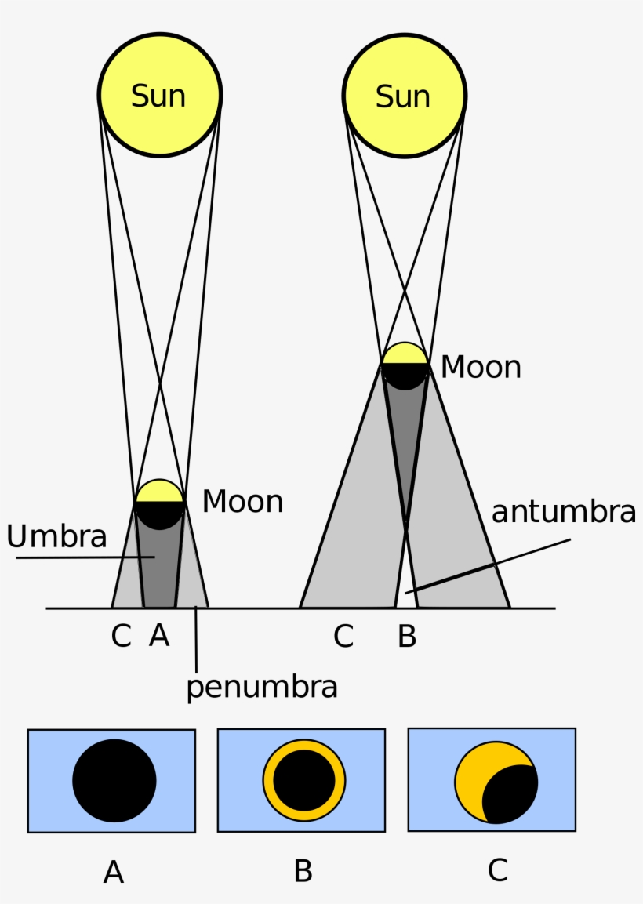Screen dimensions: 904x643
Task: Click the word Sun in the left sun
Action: (x=158, y=96)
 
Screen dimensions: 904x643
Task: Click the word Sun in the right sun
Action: (x=403, y=96)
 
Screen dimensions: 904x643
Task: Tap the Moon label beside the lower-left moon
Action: (x=242, y=502)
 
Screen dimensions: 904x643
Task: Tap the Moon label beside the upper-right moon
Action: (x=481, y=367)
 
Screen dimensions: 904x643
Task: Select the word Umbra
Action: (x=56, y=537)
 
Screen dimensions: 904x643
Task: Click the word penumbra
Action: (x=262, y=687)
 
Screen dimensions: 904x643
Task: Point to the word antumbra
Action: (x=563, y=512)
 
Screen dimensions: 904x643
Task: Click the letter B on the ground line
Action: (x=407, y=637)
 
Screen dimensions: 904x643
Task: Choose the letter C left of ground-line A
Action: (x=121, y=637)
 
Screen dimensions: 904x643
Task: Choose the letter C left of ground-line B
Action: (x=343, y=637)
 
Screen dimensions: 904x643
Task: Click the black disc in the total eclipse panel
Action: (x=114, y=781)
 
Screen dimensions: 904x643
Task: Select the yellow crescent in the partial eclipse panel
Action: (x=473, y=772)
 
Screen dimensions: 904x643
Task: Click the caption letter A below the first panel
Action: (x=114, y=872)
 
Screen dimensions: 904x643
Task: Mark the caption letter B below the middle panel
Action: (x=303, y=872)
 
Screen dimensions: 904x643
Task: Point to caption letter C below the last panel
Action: (x=497, y=870)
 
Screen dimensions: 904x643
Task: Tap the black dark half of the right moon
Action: (x=405, y=375)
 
